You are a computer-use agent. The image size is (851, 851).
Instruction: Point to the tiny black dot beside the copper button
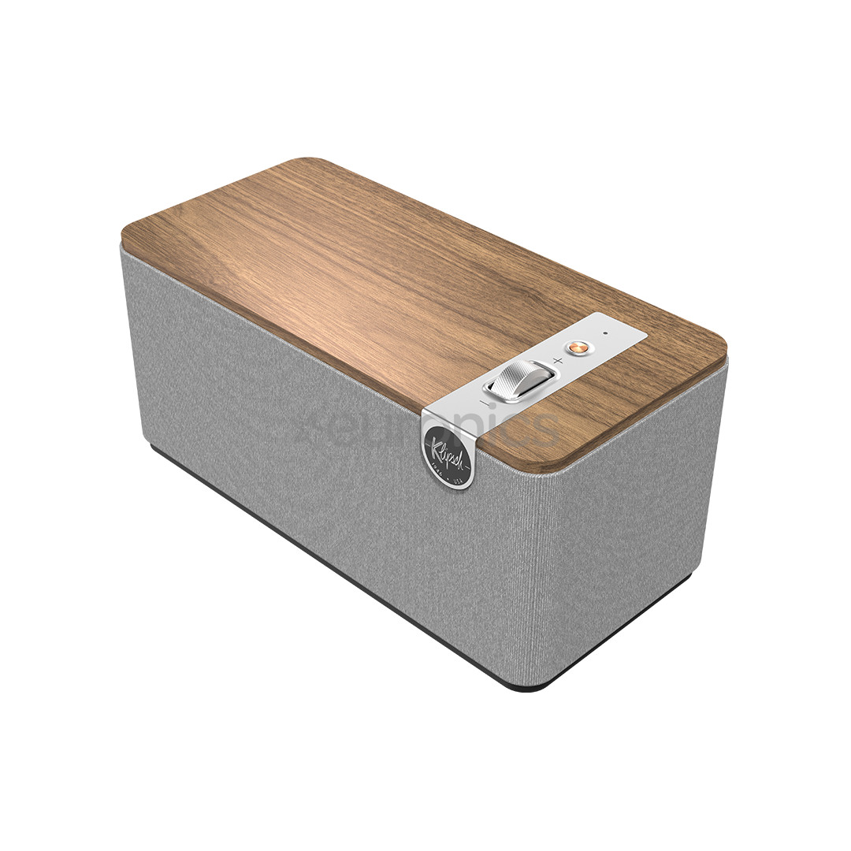(x=605, y=333)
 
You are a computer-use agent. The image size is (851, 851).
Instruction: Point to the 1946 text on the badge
(x=437, y=466)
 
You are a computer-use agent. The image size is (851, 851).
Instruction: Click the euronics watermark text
(x=425, y=429)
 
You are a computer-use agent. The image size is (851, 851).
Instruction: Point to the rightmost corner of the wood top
(x=723, y=351)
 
